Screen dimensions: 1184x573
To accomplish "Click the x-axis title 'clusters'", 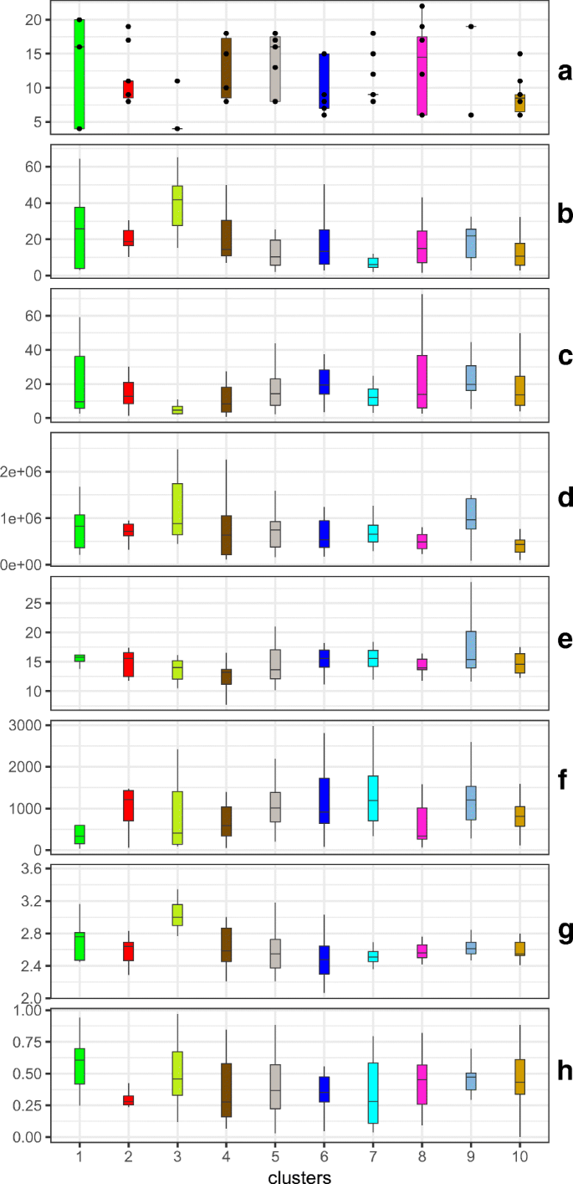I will click(x=299, y=1176).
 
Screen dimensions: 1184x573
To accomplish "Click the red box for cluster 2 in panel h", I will click(x=128, y=1094).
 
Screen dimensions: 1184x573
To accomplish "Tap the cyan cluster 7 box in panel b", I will click(x=373, y=263).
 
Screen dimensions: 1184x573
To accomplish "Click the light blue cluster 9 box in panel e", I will click(x=472, y=649).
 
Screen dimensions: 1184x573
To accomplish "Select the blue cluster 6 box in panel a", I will click(x=324, y=81).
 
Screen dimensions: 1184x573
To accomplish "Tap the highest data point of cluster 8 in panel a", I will click(x=422, y=7).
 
